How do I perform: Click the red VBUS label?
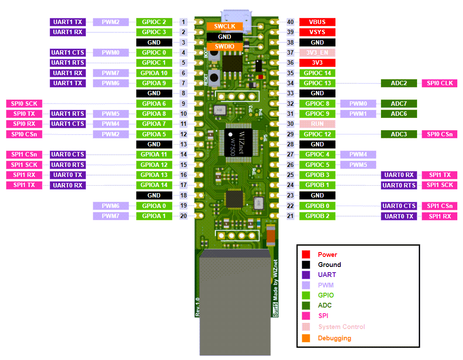click(317, 22)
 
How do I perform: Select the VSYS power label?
click(317, 32)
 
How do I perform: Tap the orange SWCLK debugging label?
click(225, 27)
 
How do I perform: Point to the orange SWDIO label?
click(225, 46)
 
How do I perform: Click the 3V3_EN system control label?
click(317, 52)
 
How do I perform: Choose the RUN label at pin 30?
click(317, 124)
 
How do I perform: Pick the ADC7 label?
click(399, 104)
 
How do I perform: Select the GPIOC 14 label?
click(317, 73)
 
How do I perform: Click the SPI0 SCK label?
click(24, 104)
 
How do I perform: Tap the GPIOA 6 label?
click(154, 104)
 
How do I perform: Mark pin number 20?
click(184, 216)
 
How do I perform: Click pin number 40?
click(290, 22)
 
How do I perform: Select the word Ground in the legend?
click(329, 265)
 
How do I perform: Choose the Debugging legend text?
click(334, 338)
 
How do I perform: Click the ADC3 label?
click(399, 134)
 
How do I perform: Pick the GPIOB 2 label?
click(317, 216)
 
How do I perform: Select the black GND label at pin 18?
click(154, 195)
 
